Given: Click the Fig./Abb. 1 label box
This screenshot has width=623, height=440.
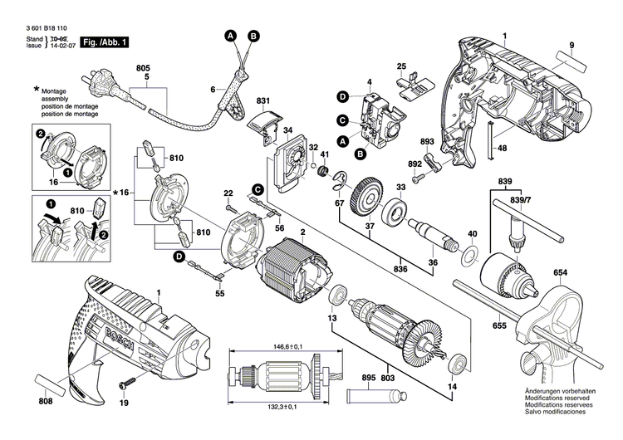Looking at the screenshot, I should click(105, 42).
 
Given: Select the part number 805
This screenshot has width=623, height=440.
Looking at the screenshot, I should click(144, 67).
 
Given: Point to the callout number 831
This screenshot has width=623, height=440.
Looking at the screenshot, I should click(264, 100).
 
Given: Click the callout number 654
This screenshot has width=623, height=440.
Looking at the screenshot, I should click(561, 273).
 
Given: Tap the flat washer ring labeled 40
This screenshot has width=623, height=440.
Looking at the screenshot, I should click(471, 256).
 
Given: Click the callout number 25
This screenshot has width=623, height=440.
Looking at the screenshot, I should click(401, 66).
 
